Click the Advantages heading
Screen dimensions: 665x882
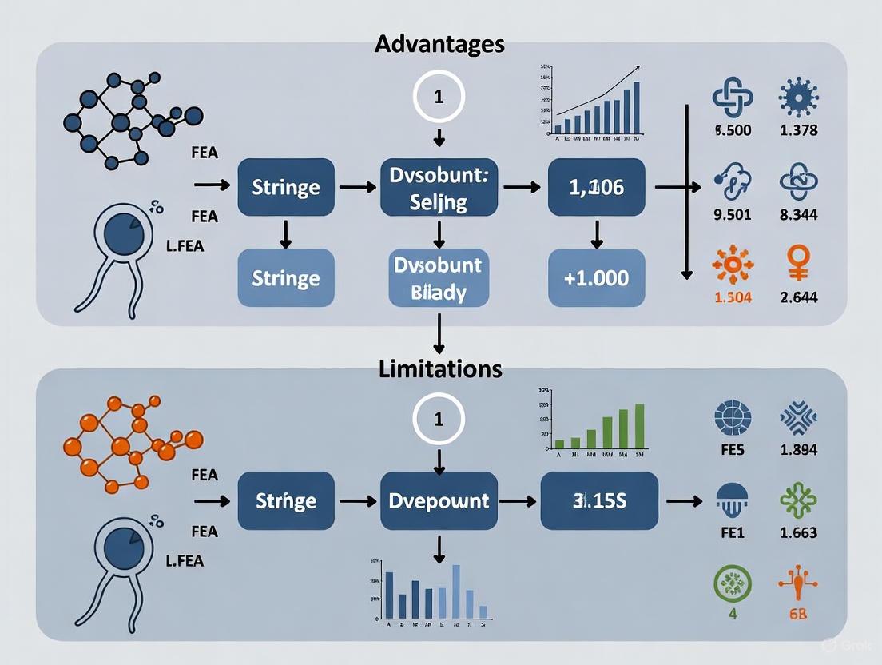coord(439,43)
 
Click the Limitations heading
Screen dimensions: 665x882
coord(439,368)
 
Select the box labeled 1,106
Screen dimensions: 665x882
coord(596,188)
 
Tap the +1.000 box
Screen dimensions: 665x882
coord(596,277)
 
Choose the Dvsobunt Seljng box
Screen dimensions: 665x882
coord(438,188)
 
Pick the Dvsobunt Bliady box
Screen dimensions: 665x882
coord(438,277)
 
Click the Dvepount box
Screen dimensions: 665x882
coord(438,501)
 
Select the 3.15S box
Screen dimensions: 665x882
coord(599,501)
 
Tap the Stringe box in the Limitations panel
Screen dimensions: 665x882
coord(286,501)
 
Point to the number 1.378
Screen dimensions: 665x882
coord(797,130)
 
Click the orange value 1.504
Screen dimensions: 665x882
coord(732,297)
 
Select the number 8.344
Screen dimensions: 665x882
coord(797,214)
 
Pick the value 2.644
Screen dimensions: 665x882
coord(797,297)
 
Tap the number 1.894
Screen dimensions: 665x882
coord(797,449)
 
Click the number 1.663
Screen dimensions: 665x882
coord(797,532)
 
